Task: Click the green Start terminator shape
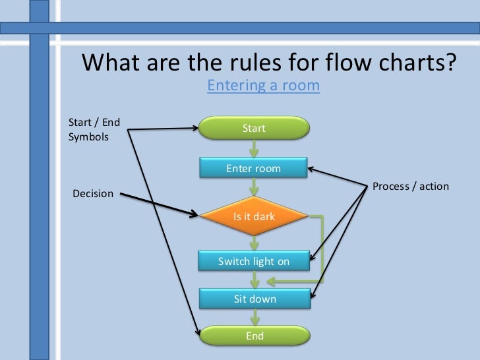(254, 128)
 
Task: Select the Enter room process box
(254, 168)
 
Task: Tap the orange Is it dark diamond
(254, 216)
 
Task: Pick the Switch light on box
(254, 261)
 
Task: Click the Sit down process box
(255, 299)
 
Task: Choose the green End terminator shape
(255, 336)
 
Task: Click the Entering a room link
(263, 86)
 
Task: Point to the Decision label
(92, 194)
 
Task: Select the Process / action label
(410, 186)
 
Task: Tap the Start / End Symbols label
(94, 129)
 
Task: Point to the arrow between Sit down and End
(254, 317)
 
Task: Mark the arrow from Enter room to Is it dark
(254, 187)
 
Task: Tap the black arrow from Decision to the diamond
(158, 204)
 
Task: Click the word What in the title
(112, 63)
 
